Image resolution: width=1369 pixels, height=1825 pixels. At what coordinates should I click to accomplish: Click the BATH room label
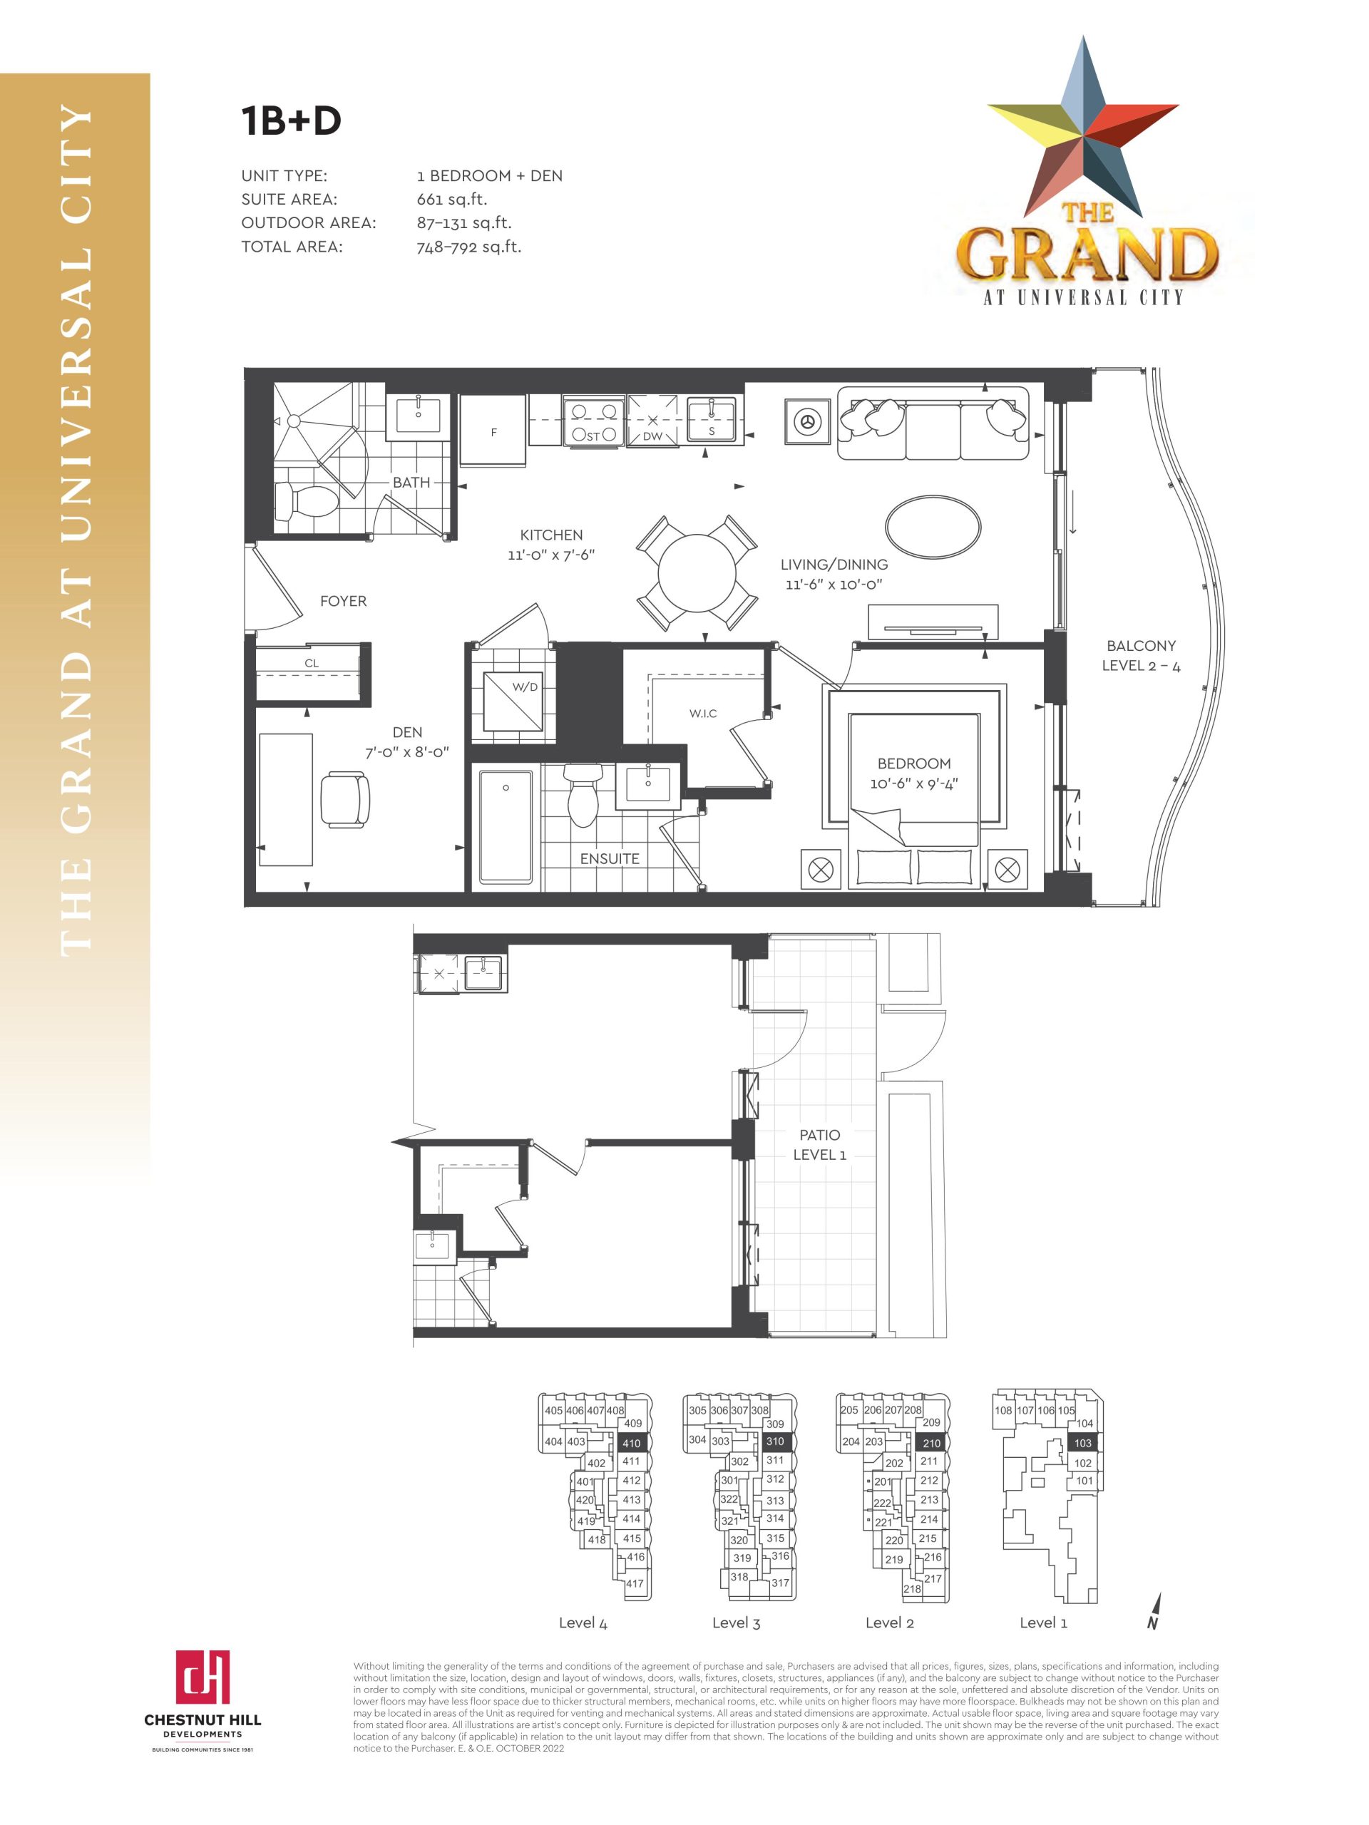[x=411, y=483]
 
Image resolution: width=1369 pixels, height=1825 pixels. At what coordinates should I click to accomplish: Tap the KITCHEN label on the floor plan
[x=551, y=535]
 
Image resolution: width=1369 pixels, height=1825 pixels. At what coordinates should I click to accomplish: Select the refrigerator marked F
[x=493, y=430]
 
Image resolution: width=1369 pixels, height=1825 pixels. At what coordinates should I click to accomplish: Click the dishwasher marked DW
[x=652, y=421]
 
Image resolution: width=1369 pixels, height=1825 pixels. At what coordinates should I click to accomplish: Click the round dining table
[x=697, y=572]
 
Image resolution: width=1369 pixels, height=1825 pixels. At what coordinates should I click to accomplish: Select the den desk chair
[x=345, y=799]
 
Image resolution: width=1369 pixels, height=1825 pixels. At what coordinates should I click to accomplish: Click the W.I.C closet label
[x=703, y=714]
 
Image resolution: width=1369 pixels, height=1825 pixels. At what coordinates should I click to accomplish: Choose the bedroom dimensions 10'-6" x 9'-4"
[x=913, y=783]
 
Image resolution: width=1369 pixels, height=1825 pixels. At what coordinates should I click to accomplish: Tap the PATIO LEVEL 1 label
[x=819, y=1145]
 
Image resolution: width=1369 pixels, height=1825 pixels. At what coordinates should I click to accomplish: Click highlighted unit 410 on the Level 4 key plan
[x=631, y=1443]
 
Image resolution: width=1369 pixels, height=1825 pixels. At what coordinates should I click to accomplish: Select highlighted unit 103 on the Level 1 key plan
[x=1082, y=1443]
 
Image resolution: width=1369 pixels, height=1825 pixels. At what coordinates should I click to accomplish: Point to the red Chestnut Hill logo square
[x=202, y=1677]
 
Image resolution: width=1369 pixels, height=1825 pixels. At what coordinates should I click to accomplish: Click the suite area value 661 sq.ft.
[x=452, y=199]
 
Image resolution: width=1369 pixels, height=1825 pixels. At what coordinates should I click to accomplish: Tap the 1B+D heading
[x=292, y=120]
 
